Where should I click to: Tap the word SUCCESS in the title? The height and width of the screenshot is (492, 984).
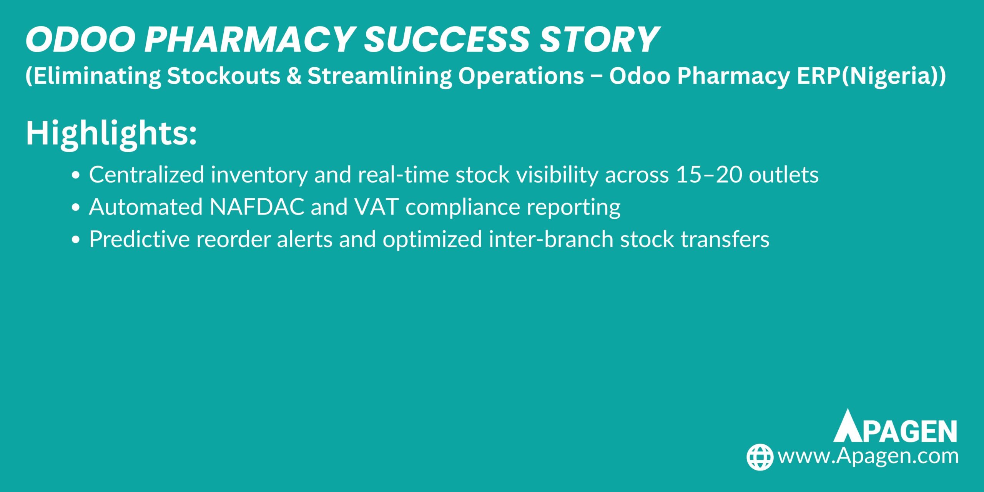[x=447, y=40]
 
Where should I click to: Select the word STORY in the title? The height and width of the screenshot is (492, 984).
[x=599, y=40]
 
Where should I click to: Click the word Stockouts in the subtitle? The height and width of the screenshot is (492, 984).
[x=223, y=76]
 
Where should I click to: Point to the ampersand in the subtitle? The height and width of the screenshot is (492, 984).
[x=294, y=76]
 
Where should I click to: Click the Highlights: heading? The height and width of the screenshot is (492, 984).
[x=111, y=133]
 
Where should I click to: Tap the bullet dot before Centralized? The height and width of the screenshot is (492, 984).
[x=76, y=175]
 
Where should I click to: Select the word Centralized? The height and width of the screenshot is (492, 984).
[x=146, y=175]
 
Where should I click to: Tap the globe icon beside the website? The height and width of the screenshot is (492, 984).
[x=760, y=457]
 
